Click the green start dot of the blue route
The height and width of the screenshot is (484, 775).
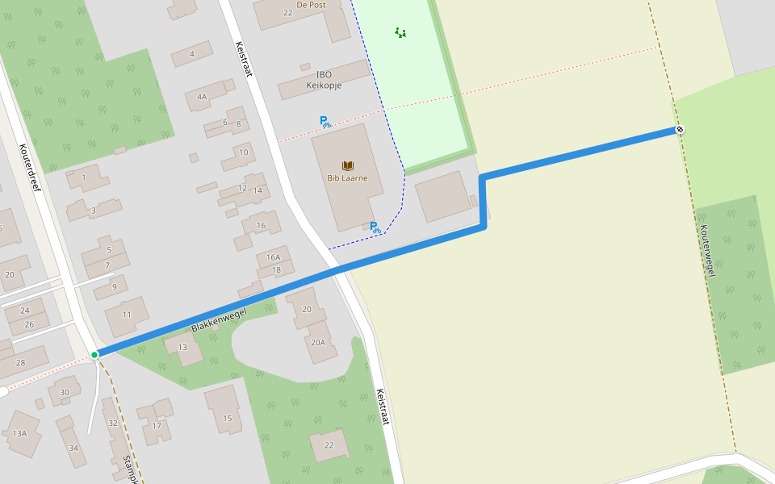point(94,355)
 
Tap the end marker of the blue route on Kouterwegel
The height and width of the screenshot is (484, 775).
point(680,130)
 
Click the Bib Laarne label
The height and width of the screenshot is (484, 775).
point(348,177)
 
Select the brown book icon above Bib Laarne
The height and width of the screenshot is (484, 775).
point(348,165)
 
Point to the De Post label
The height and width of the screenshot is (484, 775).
point(310,4)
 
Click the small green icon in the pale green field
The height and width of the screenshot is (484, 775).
point(400,33)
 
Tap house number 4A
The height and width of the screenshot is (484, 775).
point(202,97)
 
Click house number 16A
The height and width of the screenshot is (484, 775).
point(273,257)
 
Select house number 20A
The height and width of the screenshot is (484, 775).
point(318,342)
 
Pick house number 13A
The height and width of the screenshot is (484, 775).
point(19,433)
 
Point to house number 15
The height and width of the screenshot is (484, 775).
point(228,418)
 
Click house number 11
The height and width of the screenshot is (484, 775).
point(127,313)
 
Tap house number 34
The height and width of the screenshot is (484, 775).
point(73,448)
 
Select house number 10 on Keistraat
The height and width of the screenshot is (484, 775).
point(244,152)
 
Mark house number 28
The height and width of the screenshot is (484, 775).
point(20,363)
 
